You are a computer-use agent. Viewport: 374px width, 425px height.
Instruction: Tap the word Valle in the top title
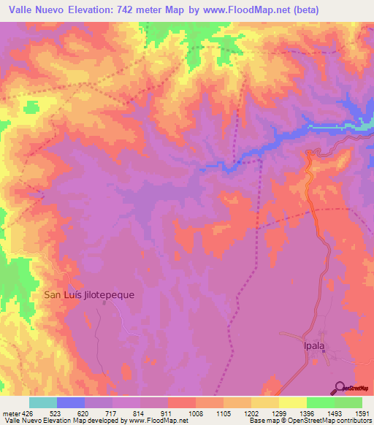pos(27,10)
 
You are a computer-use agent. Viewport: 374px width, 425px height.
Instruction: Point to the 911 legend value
pos(166,413)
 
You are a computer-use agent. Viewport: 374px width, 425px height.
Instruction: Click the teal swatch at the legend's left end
pos(43,402)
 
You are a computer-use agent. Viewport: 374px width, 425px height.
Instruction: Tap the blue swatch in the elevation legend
pos(71,402)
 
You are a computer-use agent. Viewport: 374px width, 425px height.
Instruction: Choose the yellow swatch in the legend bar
pos(292,402)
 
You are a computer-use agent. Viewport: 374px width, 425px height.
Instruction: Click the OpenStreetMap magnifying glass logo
pos(338,388)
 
